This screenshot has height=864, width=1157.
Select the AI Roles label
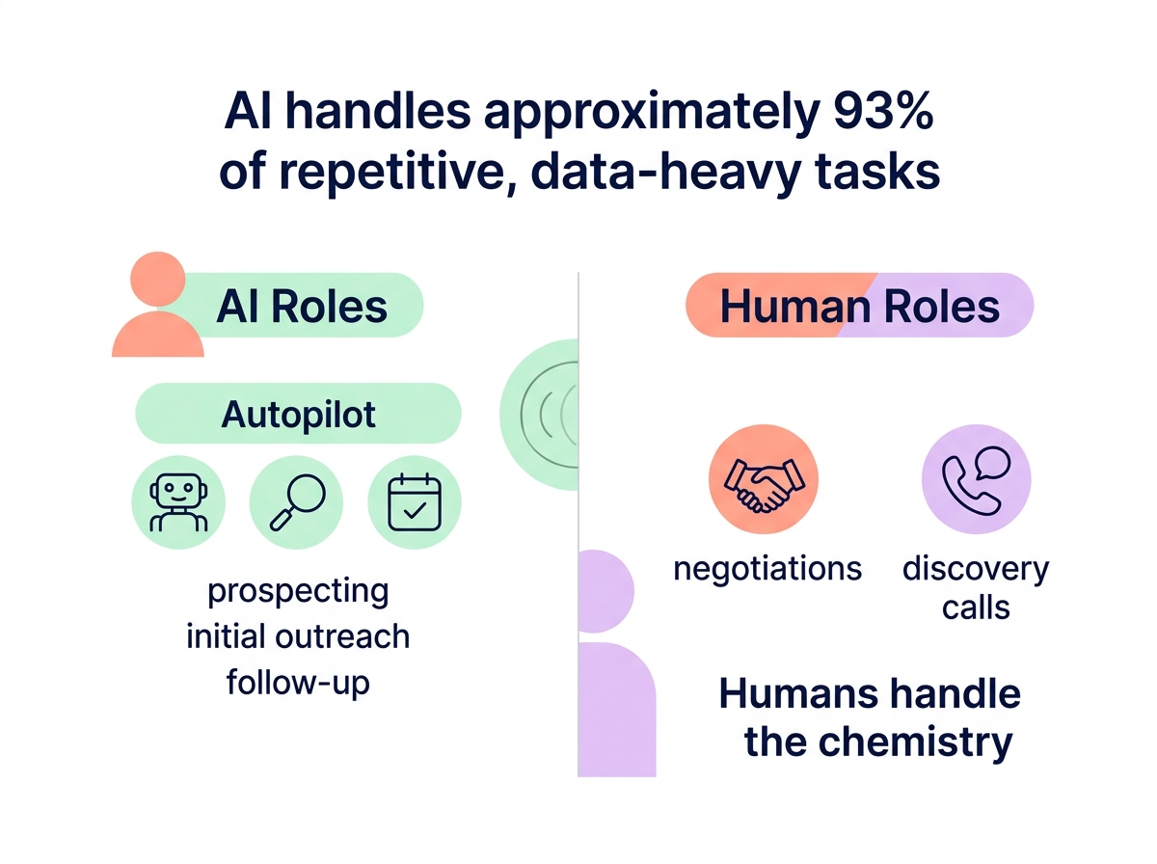(x=302, y=307)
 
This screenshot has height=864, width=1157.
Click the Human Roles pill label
(x=859, y=307)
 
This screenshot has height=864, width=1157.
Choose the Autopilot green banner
(x=299, y=415)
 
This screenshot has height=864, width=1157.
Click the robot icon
(x=178, y=502)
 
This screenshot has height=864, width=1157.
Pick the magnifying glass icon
(x=297, y=502)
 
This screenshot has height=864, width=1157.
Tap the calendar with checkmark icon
(x=415, y=502)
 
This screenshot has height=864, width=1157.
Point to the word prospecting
(x=299, y=590)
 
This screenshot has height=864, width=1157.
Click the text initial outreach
(x=298, y=636)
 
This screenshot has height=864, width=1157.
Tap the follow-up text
(x=298, y=683)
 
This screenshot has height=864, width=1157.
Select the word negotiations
(x=767, y=568)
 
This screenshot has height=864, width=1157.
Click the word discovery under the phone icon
(x=975, y=568)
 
